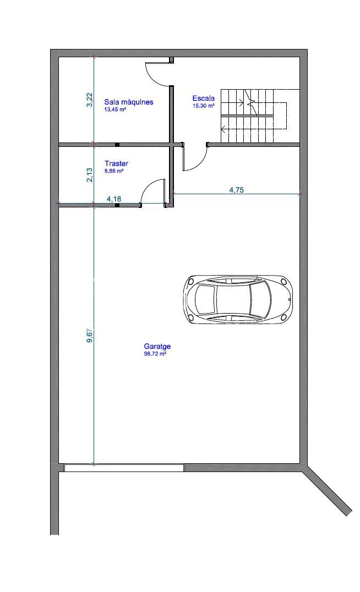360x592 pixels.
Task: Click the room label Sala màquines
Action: point(129,102)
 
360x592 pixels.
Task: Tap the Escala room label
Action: point(203,98)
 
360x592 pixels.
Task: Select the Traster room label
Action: point(116,163)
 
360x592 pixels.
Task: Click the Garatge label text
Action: point(157,346)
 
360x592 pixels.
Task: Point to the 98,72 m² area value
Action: point(155,354)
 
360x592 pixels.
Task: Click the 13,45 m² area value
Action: point(115,110)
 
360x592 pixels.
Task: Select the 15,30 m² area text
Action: point(204,106)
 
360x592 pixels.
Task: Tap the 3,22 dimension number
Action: point(90,100)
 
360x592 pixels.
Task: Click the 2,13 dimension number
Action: point(90,175)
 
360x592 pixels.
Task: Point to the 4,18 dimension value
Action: point(114,199)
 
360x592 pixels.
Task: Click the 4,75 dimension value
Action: point(237,190)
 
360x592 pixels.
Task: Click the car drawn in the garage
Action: point(238,299)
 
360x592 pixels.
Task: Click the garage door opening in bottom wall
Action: point(124,468)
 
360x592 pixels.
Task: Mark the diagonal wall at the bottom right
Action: point(328,491)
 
